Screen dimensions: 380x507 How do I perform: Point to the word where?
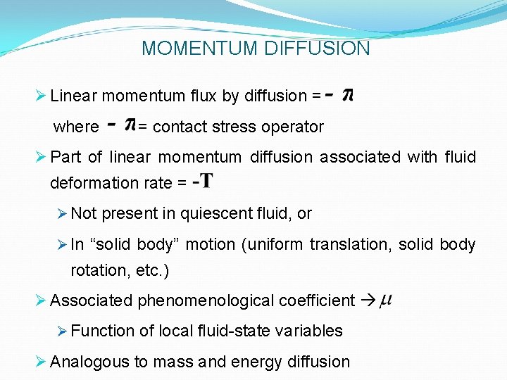pyautogui.click(x=76, y=127)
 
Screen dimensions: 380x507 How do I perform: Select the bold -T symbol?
pyautogui.click(x=202, y=182)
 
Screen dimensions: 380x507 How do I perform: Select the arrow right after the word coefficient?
pyautogui.click(x=368, y=301)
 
